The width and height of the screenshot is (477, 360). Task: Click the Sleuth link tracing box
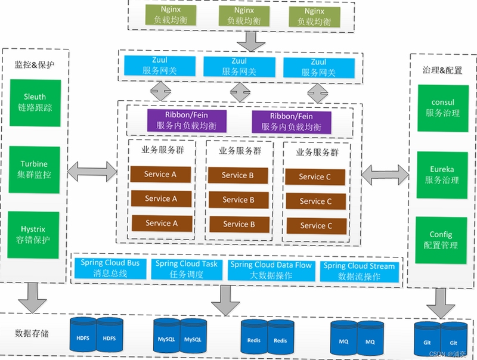35,103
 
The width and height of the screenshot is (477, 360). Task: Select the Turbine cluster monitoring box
35,169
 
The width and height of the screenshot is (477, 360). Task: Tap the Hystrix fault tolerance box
33,235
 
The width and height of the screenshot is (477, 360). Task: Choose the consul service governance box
443,108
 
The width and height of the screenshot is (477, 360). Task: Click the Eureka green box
442,175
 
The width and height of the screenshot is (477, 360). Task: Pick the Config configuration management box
441,240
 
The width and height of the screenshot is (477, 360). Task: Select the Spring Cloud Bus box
110,268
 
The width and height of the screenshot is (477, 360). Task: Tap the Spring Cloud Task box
187,269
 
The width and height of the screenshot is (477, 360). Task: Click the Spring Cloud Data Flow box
271,271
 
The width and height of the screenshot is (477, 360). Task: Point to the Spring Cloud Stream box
360,272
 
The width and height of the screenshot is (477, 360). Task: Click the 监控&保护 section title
35,64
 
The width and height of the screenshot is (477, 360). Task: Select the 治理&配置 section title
442,70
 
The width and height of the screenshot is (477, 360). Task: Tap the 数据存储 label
32,333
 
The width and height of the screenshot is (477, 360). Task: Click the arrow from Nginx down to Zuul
251,41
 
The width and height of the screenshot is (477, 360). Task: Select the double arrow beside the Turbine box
92,172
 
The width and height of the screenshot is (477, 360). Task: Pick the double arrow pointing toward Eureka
385,175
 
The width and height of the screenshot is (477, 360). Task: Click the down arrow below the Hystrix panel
33,298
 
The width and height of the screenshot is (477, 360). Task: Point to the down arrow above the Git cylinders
441,303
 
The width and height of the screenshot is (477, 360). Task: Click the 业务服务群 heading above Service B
240,151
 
